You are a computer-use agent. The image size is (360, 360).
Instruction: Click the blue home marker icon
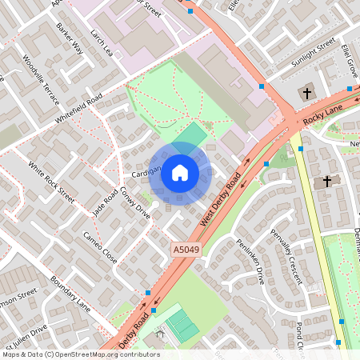180,171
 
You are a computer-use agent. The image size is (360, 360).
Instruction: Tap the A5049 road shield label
184,250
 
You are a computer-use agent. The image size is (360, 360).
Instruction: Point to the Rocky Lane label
324,114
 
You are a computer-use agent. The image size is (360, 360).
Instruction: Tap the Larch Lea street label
103,44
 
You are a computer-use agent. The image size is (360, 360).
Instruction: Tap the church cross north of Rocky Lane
306,94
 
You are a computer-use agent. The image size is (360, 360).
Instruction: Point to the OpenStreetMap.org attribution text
81,354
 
